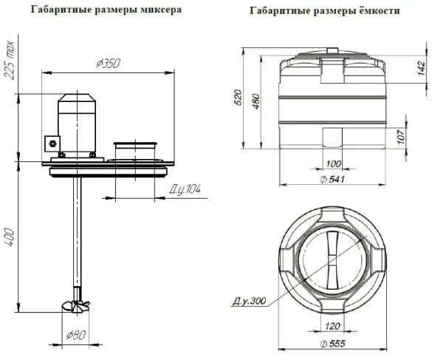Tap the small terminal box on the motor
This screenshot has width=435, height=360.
pos(51,142)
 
